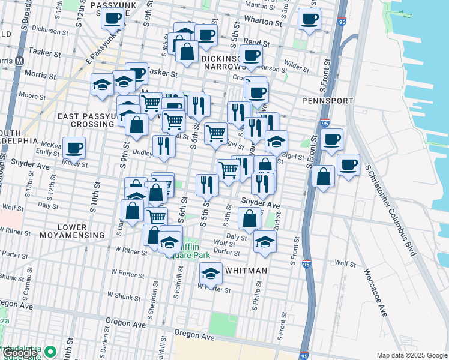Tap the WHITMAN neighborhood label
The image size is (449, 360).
click(246, 271)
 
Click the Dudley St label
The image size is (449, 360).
click(135, 152)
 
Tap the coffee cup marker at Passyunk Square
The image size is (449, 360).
click(112, 19)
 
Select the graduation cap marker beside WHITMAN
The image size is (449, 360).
click(211, 274)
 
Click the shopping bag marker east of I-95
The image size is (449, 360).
click(323, 175)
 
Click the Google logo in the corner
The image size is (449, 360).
click(20, 353)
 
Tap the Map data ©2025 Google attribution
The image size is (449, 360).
click(412, 355)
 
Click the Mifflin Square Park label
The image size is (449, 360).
click(191, 249)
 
